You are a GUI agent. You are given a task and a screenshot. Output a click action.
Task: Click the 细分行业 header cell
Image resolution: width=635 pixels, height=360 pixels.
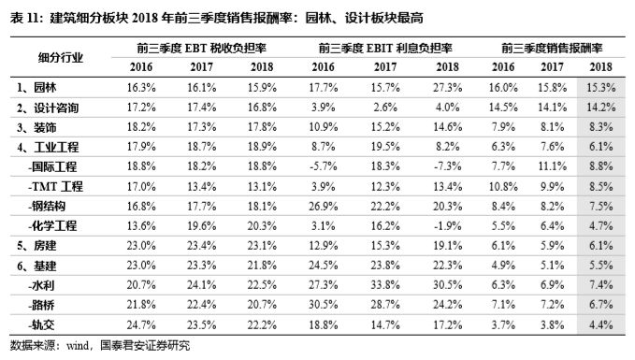(58, 56)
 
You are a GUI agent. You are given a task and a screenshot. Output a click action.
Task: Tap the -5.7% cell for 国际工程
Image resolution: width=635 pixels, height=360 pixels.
(322, 166)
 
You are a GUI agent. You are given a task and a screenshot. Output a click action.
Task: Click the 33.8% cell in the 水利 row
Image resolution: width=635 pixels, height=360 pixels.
(385, 284)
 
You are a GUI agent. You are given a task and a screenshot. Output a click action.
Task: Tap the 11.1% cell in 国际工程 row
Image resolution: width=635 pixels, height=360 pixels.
(550, 166)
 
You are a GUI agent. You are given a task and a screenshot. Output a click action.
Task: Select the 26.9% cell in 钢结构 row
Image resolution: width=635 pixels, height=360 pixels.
(322, 206)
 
